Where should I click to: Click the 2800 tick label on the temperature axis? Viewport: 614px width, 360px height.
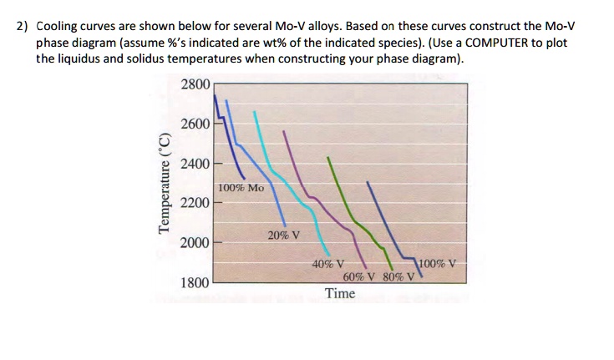pos(196,84)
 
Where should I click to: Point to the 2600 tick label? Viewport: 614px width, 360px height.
pos(196,124)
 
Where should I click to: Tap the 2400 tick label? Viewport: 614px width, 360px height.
pos(196,163)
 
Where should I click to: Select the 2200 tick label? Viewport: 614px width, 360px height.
pos(196,203)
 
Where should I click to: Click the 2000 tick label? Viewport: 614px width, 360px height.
pos(196,242)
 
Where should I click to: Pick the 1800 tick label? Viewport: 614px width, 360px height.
pos(196,282)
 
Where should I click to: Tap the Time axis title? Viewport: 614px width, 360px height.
pos(340,293)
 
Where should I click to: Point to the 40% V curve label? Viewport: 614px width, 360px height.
pos(327,264)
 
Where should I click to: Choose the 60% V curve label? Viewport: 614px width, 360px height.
pos(359,276)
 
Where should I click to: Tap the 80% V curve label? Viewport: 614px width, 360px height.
pos(396,276)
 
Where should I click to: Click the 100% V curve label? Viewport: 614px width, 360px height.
pos(439,264)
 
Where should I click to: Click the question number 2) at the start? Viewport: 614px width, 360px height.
pos(23,27)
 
